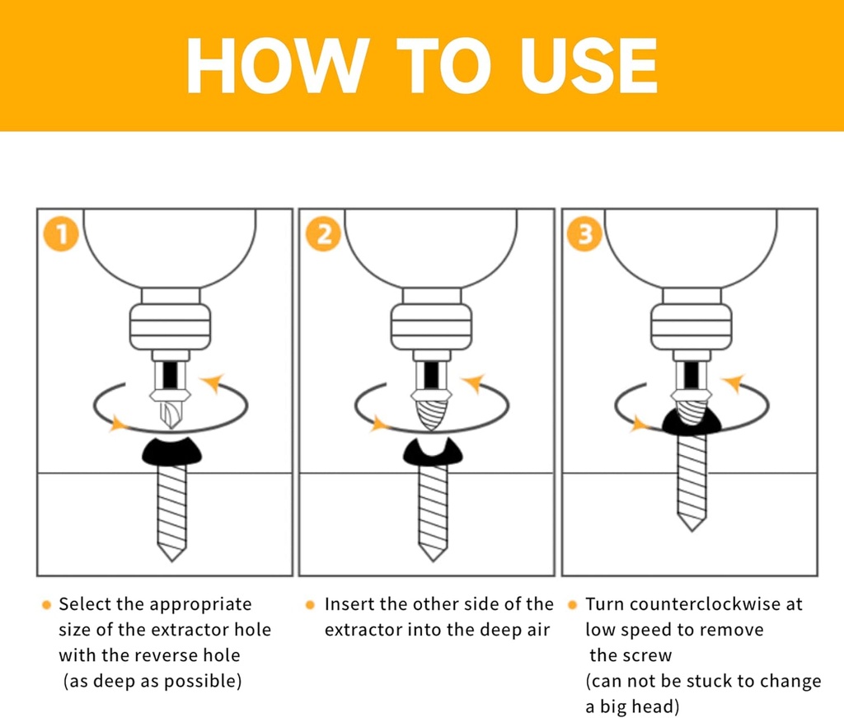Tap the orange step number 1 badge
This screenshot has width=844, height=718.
pos(60,234)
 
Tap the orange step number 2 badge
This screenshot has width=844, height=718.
pos(322,234)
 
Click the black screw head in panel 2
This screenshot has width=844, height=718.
pos(432,453)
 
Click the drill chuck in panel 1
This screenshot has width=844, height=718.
pos(171,326)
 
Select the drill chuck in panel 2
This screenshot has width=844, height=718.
pos(431,326)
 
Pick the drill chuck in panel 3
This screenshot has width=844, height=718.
pos(692,326)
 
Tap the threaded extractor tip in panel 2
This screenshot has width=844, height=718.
pos(432,413)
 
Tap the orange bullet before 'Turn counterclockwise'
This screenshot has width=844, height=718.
pos(572,605)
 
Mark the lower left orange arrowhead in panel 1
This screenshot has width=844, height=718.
pos(119,424)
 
